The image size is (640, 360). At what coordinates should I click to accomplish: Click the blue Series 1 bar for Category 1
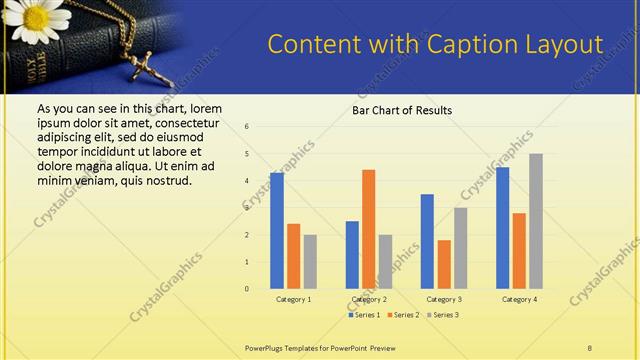click(277, 231)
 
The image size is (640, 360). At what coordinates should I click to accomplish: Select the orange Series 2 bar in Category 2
click(368, 229)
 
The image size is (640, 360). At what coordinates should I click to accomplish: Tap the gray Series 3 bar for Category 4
click(536, 221)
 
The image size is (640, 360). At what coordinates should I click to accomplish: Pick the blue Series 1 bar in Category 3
click(427, 241)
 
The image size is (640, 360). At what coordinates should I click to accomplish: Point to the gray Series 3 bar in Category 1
click(310, 262)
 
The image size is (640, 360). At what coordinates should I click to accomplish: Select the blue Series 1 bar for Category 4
click(502, 228)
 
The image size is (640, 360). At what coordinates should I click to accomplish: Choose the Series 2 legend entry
click(403, 315)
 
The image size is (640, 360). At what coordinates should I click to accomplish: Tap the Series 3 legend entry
click(444, 315)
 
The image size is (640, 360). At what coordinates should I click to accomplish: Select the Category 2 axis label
click(369, 299)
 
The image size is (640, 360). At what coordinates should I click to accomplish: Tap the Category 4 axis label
click(519, 299)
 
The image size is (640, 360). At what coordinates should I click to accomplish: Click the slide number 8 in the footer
click(590, 346)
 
